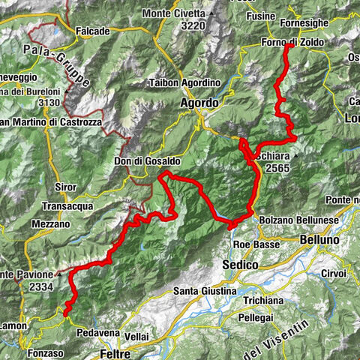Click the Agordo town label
coord(199,103)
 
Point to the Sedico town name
coord(241,265)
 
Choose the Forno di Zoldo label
coord(293,43)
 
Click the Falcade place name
coord(93,31)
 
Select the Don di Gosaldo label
coord(120,161)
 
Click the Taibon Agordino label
coord(184,82)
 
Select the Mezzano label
coord(50,223)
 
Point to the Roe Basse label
coord(251,244)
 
